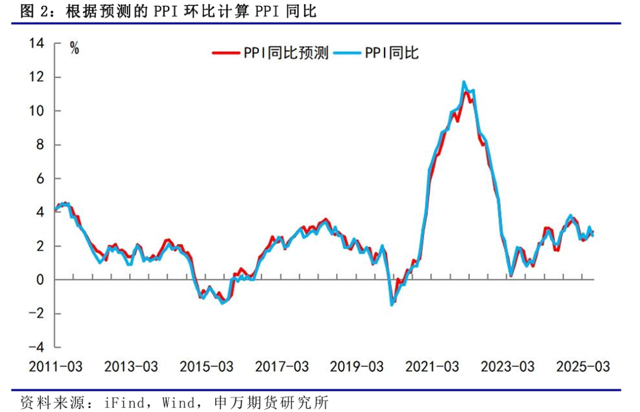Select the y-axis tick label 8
(x=40, y=145)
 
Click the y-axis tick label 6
(x=40, y=178)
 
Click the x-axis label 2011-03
(x=56, y=366)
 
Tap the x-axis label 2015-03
(x=206, y=366)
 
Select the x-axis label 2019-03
(x=357, y=366)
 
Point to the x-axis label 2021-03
(x=432, y=366)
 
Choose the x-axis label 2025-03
(x=583, y=366)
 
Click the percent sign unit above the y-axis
(x=75, y=49)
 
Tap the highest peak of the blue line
(x=464, y=82)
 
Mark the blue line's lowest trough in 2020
(x=392, y=304)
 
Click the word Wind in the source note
(x=178, y=403)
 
